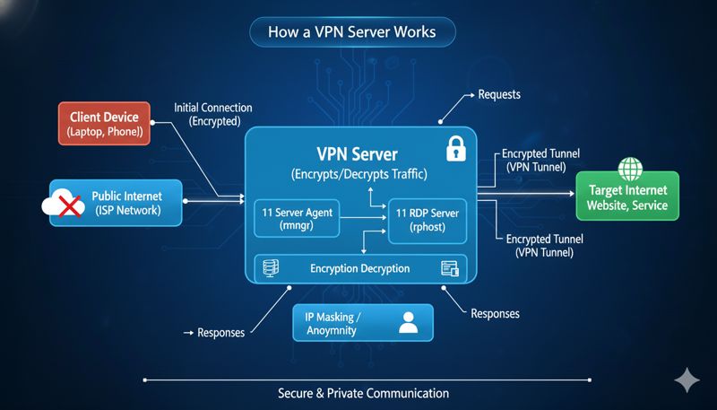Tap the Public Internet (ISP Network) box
(118, 203)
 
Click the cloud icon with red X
(62, 204)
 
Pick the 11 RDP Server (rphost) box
(427, 220)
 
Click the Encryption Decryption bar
(360, 267)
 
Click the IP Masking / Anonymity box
(363, 323)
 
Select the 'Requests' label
(499, 93)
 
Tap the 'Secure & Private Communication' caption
(363, 393)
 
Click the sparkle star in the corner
(687, 380)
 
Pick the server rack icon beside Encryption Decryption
(269, 267)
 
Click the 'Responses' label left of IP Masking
(219, 332)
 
